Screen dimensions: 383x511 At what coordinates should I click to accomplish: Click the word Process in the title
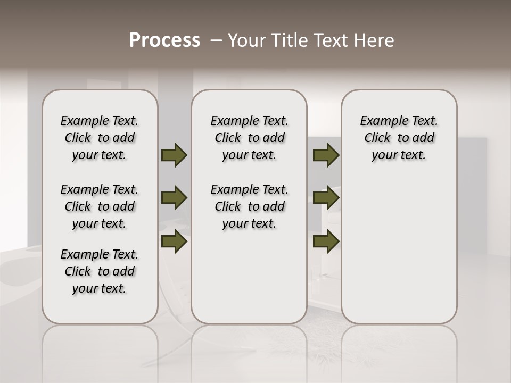coord(164,40)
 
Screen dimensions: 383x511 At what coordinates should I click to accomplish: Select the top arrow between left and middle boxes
coord(174,155)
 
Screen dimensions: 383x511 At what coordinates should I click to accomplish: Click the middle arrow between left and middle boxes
coord(174,198)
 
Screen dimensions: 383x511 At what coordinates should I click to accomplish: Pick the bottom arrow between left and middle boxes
coord(174,241)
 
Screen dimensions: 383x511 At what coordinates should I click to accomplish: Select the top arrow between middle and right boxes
coord(326,155)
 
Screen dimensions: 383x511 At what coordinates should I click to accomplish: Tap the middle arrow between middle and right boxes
coord(326,198)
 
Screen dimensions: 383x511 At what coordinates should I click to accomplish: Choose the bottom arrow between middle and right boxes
coord(326,241)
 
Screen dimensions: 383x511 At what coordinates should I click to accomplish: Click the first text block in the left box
coord(100,138)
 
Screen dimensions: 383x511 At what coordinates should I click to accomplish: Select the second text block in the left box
coord(100,206)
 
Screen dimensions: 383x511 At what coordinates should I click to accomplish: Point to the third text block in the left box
coord(100,271)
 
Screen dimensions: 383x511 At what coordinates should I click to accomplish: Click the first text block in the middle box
coord(249,138)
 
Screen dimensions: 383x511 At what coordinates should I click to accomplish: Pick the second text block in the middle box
coord(249,206)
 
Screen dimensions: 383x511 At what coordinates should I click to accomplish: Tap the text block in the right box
coord(399,138)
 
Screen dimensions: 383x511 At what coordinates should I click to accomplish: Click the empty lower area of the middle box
coord(249,277)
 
